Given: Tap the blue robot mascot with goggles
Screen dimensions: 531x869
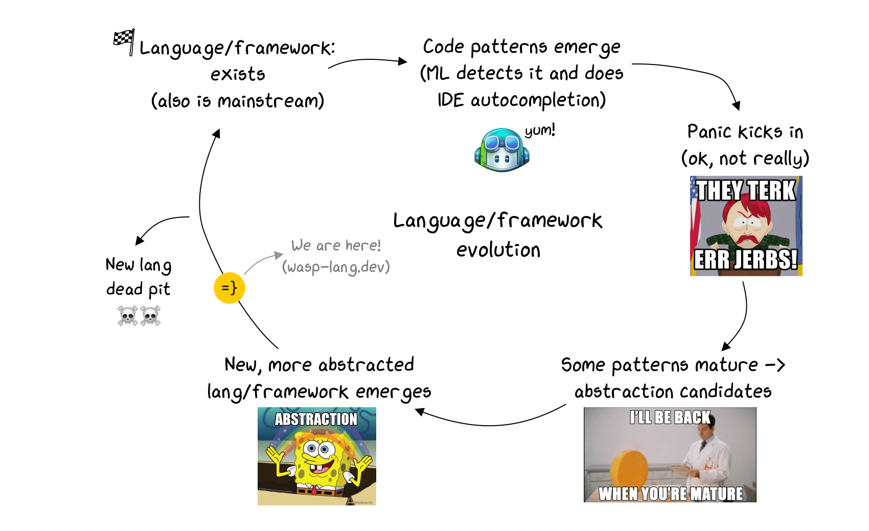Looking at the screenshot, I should coord(501,150).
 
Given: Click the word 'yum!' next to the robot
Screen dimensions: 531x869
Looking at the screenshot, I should coord(540,130).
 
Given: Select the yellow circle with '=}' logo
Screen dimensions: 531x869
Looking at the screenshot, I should coord(229,288).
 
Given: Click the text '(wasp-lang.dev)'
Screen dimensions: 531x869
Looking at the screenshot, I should coord(336,267).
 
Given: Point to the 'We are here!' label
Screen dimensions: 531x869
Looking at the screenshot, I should coord(336,246).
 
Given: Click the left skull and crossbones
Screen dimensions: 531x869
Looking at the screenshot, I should coord(128,316).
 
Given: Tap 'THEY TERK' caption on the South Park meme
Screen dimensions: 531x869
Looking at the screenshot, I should coord(746,190).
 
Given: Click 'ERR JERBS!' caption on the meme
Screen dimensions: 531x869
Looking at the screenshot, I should coord(745,259).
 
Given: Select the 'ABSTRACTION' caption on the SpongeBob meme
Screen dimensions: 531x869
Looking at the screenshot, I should coord(316,419).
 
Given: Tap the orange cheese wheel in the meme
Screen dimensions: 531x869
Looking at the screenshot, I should coord(629,468).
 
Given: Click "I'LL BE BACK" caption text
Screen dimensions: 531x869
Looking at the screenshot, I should coord(670,417).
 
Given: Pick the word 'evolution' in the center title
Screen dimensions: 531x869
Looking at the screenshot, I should coord(498,250).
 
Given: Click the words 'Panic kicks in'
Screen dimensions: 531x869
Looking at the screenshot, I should coord(745,132).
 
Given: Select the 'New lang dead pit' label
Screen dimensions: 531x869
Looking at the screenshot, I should coord(138,277).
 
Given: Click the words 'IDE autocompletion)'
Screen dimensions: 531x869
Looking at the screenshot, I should coord(521,100).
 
